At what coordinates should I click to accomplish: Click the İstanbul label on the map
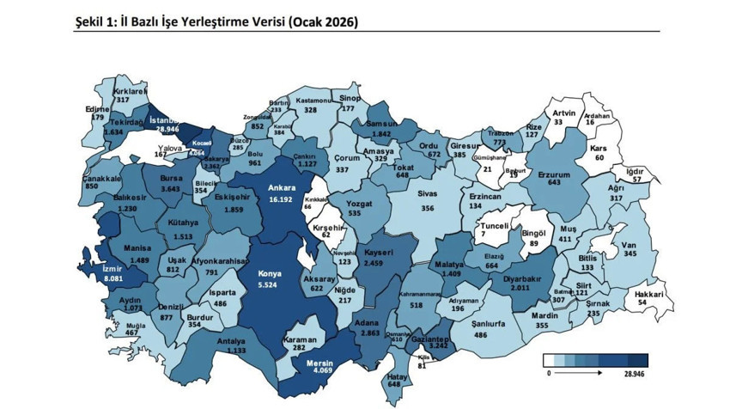[162, 121]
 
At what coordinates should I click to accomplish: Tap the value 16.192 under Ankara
[281, 198]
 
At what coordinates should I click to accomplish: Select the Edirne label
[98, 109]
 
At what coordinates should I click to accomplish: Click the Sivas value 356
[428, 208]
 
